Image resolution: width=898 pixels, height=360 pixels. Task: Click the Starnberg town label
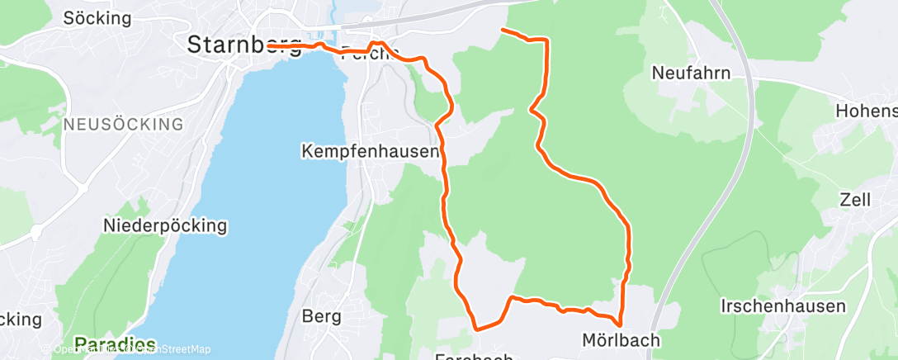point(244,45)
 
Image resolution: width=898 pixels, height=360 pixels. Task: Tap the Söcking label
point(97,17)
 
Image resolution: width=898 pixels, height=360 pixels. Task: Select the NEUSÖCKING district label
point(123,125)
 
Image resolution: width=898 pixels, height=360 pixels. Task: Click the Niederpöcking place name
point(164,225)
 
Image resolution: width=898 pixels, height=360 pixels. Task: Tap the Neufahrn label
point(691,73)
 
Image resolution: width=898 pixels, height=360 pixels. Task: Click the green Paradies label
point(116,343)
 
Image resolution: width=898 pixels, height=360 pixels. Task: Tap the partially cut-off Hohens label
point(866,110)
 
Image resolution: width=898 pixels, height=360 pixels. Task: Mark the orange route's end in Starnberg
point(270,45)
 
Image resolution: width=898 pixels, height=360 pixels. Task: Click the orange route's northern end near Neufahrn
point(503,31)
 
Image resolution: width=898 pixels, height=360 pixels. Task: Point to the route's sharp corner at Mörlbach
point(619,324)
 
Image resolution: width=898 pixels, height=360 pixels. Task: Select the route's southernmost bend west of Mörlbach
point(477,329)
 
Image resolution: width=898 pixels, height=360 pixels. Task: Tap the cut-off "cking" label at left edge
point(21,319)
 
